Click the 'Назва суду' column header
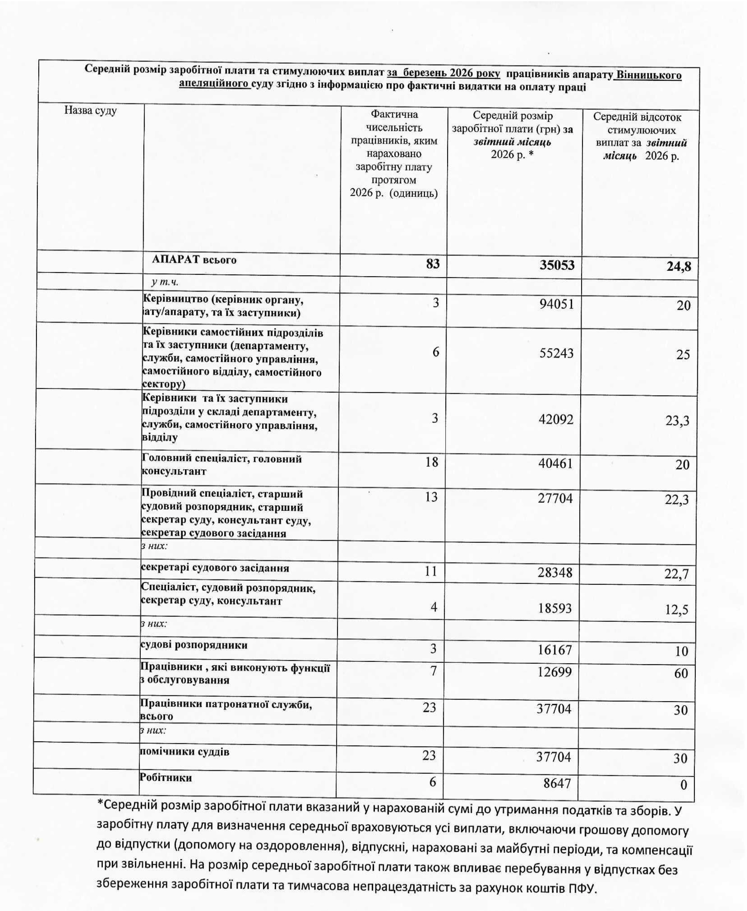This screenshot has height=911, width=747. point(90,111)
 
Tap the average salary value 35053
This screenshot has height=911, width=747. point(557,265)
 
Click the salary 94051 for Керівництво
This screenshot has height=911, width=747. point(556,304)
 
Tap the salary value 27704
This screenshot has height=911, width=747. point(555,498)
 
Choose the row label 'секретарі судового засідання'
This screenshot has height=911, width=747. point(215,568)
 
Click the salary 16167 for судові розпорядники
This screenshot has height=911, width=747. point(555,649)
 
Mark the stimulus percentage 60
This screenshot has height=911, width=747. point(681,673)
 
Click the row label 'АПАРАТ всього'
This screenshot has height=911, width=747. point(194,260)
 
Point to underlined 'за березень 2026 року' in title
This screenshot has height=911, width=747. point(443,74)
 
